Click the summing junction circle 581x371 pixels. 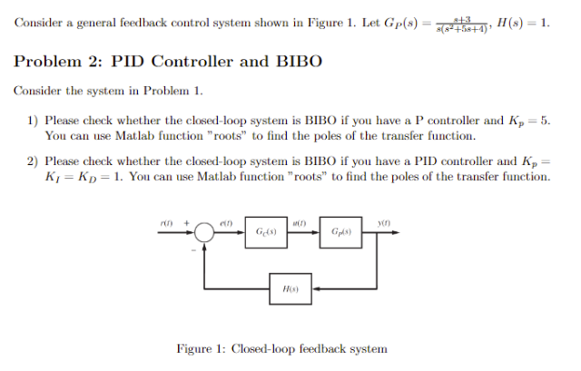(204, 235)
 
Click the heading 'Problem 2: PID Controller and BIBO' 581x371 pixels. (169, 62)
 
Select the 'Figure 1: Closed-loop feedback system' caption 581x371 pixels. (281, 348)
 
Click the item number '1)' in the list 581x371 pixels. (32, 120)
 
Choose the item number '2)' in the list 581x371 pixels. (32, 161)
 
